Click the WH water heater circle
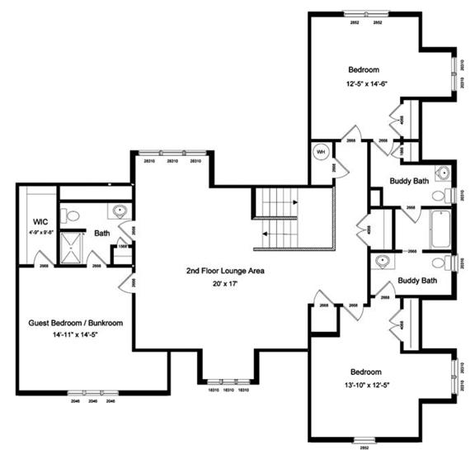[320, 152]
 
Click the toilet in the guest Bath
[72, 216]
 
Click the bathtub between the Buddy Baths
[436, 228]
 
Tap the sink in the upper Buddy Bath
[443, 174]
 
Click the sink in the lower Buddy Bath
[381, 261]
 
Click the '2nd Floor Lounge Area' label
[220, 270]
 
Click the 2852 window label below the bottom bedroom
[364, 447]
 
